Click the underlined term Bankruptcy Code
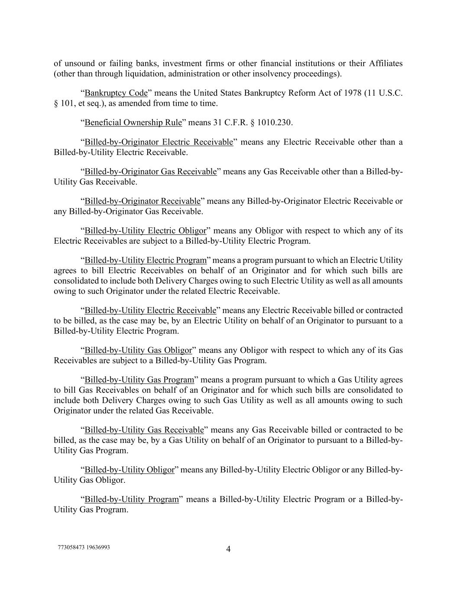116,93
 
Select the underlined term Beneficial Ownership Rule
133,123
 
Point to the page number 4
228,549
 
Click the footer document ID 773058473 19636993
84,547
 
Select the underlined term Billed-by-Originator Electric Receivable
159,142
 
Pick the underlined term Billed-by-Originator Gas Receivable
150,171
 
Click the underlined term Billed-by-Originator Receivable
143,201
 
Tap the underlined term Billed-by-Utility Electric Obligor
145,230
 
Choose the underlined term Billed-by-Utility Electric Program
146,260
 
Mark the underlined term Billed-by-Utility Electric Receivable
150,310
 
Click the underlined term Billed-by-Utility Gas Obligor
138,350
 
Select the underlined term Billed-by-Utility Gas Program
139,380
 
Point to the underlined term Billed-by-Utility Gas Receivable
144,430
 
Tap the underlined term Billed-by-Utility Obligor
129,470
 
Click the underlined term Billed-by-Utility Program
131,499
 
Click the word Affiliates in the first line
386,64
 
